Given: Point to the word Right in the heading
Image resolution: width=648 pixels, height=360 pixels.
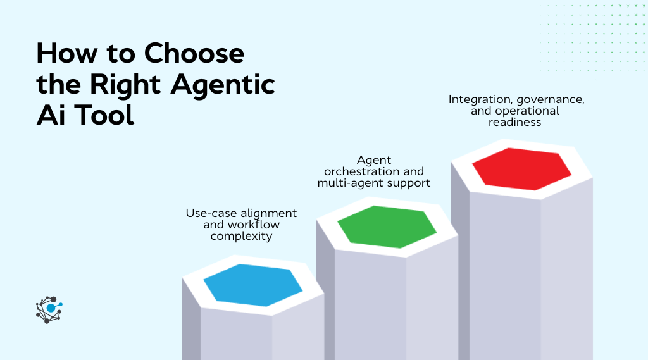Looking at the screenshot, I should (x=135, y=84).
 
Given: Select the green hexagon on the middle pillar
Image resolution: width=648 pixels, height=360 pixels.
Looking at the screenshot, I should (x=387, y=226).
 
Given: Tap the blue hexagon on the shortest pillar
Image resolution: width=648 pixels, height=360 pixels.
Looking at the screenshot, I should (x=252, y=285).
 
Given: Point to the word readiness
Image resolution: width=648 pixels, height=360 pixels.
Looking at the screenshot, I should (x=514, y=122).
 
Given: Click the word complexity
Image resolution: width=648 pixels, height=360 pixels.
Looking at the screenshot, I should (x=241, y=237).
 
